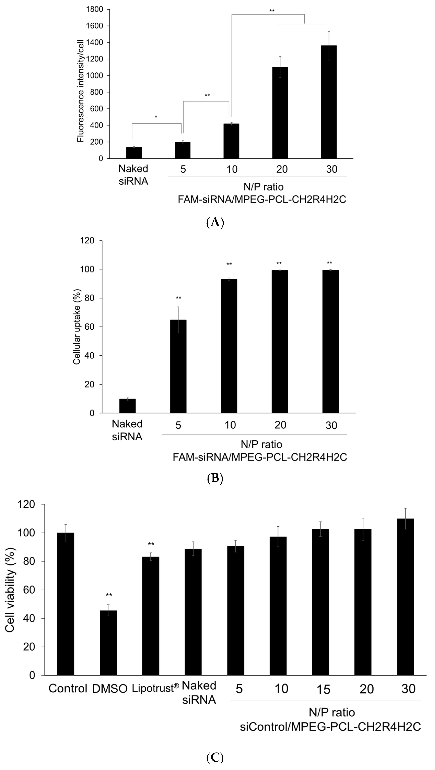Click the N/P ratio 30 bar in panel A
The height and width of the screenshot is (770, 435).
pyautogui.click(x=328, y=102)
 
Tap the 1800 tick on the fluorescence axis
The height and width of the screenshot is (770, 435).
pyautogui.click(x=95, y=10)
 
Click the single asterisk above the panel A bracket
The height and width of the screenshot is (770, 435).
pyautogui.click(x=156, y=117)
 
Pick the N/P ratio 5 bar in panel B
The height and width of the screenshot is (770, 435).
pyautogui.click(x=178, y=366)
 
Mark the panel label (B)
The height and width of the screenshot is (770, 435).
pyautogui.click(x=215, y=479)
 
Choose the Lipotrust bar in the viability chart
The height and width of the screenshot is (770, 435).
pyautogui.click(x=151, y=616)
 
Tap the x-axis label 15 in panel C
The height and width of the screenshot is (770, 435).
pyautogui.click(x=323, y=689)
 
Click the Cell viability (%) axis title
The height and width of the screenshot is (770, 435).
pyautogui.click(x=10, y=590)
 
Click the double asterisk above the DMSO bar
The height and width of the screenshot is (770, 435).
pyautogui.click(x=109, y=595)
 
